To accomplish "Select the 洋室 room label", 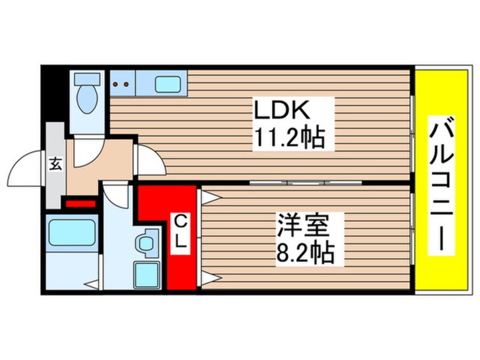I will pyautogui.click(x=302, y=223).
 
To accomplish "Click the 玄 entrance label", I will pyautogui.click(x=56, y=164).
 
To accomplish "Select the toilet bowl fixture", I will pyautogui.click(x=87, y=96).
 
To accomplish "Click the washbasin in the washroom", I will pyautogui.click(x=148, y=242).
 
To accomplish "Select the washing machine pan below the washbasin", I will pyautogui.click(x=146, y=275).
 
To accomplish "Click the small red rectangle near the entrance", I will pyautogui.click(x=81, y=202).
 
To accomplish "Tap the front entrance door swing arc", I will pyautogui.click(x=30, y=171).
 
